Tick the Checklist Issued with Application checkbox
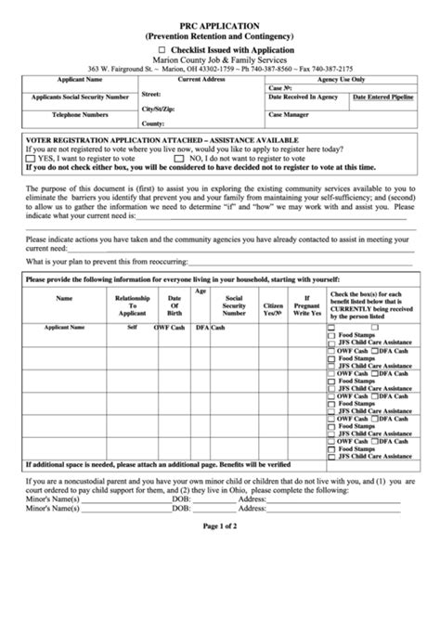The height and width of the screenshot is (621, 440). [x=162, y=49]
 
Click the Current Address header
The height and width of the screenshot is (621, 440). [x=201, y=81]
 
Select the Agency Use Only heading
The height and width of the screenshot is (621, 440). [x=341, y=81]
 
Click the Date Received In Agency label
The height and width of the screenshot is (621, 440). [x=303, y=97]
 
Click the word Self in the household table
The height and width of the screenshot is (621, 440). [x=132, y=328]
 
